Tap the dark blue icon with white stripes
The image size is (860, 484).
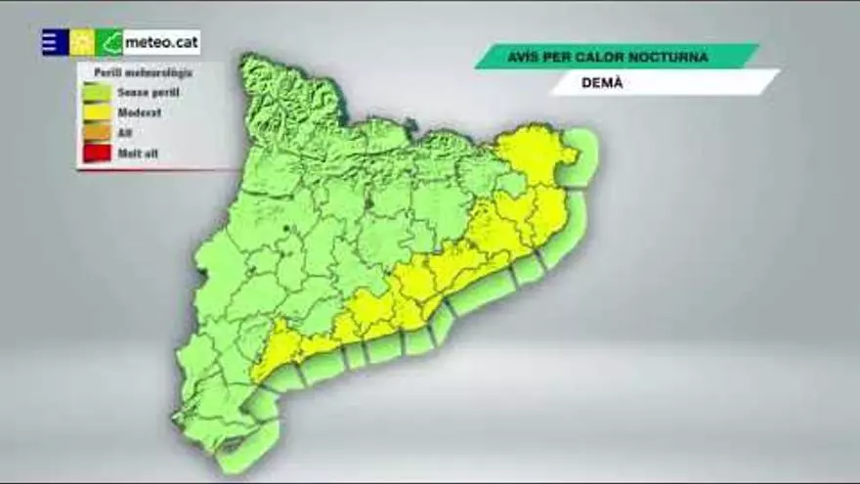pyautogui.click(x=55, y=42)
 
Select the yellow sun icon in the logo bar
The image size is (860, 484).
pyautogui.click(x=82, y=42)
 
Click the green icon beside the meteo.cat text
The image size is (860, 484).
pyautogui.click(x=109, y=42)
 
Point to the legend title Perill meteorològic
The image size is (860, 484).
pyautogui.click(x=144, y=72)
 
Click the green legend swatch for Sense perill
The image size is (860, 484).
pyautogui.click(x=97, y=92)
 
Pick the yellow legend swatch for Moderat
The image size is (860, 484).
pyautogui.click(x=97, y=112)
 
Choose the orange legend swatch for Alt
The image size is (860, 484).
pyautogui.click(x=97, y=133)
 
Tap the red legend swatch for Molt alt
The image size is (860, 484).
pyautogui.click(x=97, y=154)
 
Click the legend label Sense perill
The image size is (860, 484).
pyautogui.click(x=149, y=92)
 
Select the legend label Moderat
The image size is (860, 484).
pyautogui.click(x=140, y=112)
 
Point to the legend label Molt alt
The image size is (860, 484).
pyautogui.click(x=139, y=154)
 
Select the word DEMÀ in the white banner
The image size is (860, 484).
pyautogui.click(x=602, y=83)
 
